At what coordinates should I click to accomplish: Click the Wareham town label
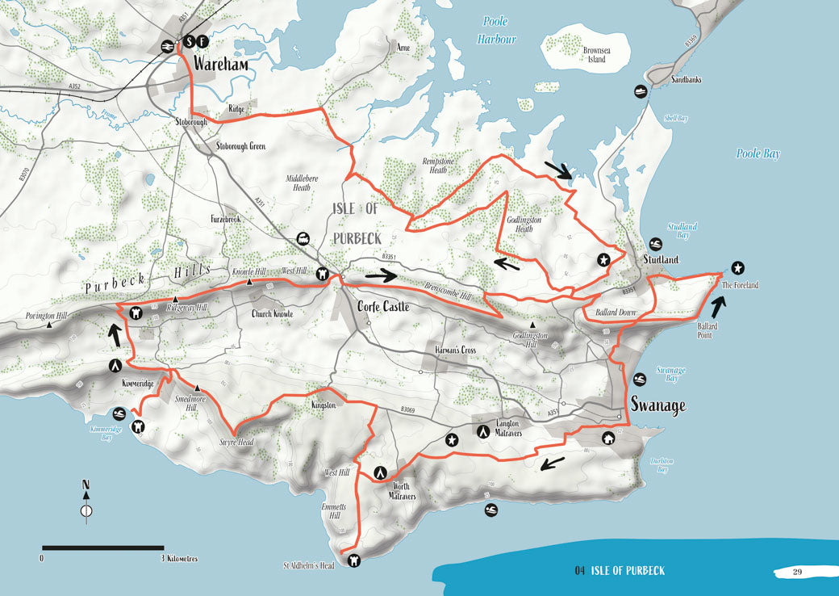pyautogui.click(x=213, y=64)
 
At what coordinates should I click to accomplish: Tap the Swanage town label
pyautogui.click(x=658, y=405)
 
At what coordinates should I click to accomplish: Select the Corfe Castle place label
pyautogui.click(x=383, y=307)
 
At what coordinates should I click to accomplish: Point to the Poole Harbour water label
pyautogui.click(x=495, y=30)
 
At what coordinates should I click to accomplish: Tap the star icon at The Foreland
pyautogui.click(x=737, y=268)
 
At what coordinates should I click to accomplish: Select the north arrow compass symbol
pyautogui.click(x=86, y=502)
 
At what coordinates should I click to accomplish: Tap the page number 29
pyautogui.click(x=796, y=573)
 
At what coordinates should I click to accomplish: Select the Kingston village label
pyautogui.click(x=323, y=405)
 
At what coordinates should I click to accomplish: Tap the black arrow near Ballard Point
pyautogui.click(x=717, y=304)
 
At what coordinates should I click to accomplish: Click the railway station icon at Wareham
pyautogui.click(x=170, y=46)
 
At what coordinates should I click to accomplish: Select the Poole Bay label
pyautogui.click(x=758, y=153)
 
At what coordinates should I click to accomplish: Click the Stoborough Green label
pyautogui.click(x=240, y=146)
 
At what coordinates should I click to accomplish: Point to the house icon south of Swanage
pyautogui.click(x=608, y=438)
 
